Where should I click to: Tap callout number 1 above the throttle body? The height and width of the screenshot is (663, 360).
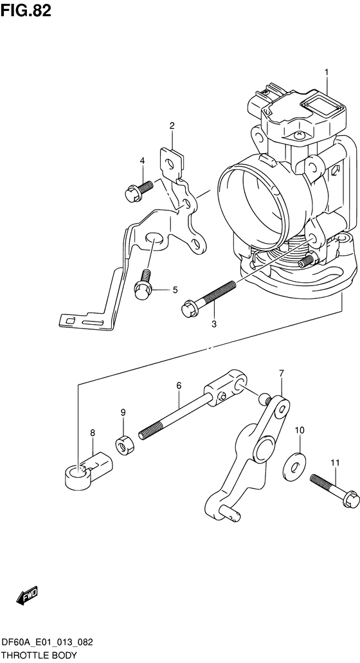[x=327, y=73]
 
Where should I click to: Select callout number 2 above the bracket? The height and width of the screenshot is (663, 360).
[x=172, y=125]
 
